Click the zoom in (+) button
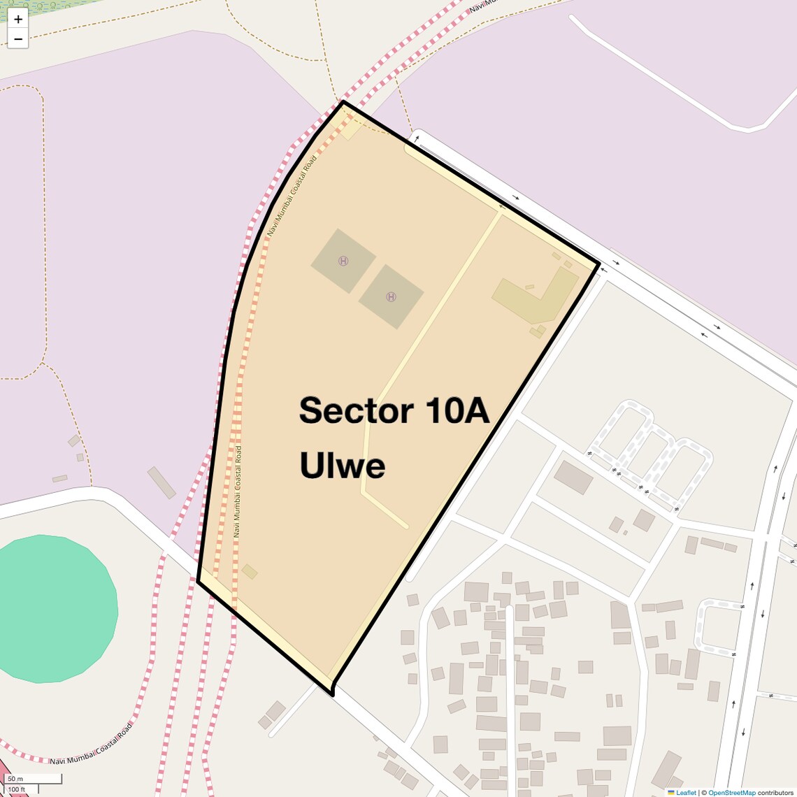pyautogui.click(x=18, y=19)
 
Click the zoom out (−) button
pyautogui.click(x=18, y=39)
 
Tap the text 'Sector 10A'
pyautogui.click(x=394, y=410)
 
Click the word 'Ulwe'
pyautogui.click(x=342, y=465)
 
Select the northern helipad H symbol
pyautogui.click(x=343, y=261)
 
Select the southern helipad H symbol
pyautogui.click(x=391, y=296)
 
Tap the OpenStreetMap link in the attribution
pyautogui.click(x=731, y=792)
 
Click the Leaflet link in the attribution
pyautogui.click(x=686, y=792)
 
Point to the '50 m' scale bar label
pyautogui.click(x=15, y=779)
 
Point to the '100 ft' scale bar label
pyautogui.click(x=17, y=789)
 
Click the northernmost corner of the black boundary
pyautogui.click(x=343, y=102)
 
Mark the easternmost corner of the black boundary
pyautogui.click(x=599, y=264)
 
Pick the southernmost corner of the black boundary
pyautogui.click(x=332, y=694)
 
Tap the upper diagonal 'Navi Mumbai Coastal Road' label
pyautogui.click(x=292, y=196)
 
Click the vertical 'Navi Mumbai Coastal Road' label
pyautogui.click(x=238, y=491)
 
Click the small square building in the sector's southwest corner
pyautogui.click(x=250, y=572)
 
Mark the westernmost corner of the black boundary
pyautogui.click(x=199, y=580)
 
